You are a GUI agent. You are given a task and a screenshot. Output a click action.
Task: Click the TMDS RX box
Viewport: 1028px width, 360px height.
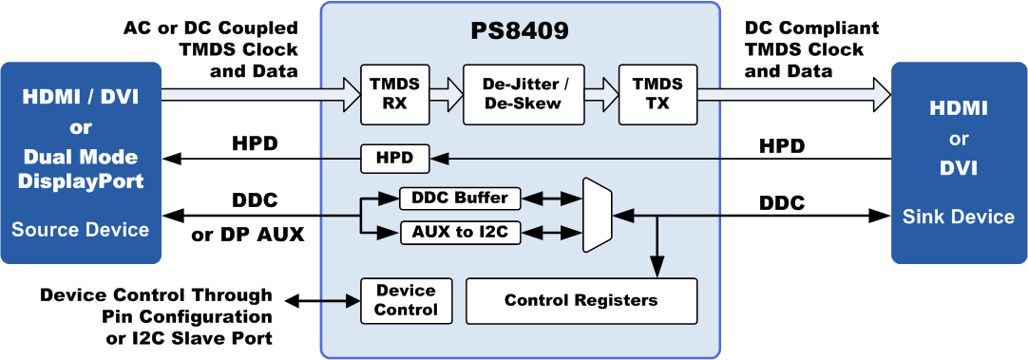point(394,94)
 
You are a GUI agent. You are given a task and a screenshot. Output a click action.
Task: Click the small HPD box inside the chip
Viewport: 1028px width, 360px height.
point(394,159)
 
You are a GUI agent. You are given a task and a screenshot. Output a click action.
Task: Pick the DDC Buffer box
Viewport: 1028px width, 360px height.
point(460,198)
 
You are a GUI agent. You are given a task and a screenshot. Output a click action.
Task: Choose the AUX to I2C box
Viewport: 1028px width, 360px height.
point(460,232)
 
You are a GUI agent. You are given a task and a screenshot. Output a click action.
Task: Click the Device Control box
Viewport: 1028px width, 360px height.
point(408,300)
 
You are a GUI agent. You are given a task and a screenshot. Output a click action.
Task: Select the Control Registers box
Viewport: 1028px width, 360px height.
point(581,300)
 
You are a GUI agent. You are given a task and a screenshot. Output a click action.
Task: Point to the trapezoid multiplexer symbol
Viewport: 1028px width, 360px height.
point(598,215)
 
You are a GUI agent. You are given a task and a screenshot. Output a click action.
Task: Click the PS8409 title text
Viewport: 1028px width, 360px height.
point(521,32)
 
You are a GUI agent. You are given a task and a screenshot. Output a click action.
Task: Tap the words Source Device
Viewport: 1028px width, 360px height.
point(81,230)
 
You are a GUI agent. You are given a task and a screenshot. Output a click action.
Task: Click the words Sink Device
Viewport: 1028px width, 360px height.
point(958,217)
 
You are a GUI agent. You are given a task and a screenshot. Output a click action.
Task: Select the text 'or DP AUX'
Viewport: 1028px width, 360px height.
point(249,234)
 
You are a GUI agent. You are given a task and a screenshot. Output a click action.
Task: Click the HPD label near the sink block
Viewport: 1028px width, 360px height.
point(782,146)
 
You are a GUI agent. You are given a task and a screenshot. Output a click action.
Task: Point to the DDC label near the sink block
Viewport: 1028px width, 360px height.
point(782,203)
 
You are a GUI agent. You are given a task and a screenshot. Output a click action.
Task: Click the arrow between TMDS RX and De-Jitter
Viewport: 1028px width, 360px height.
point(446,94)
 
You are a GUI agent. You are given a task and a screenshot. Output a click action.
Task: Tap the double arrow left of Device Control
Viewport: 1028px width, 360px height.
point(322,301)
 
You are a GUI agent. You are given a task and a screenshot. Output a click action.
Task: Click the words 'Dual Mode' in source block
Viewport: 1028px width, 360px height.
point(82,158)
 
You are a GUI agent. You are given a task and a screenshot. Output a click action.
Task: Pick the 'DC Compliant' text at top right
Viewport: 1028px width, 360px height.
point(811,28)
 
